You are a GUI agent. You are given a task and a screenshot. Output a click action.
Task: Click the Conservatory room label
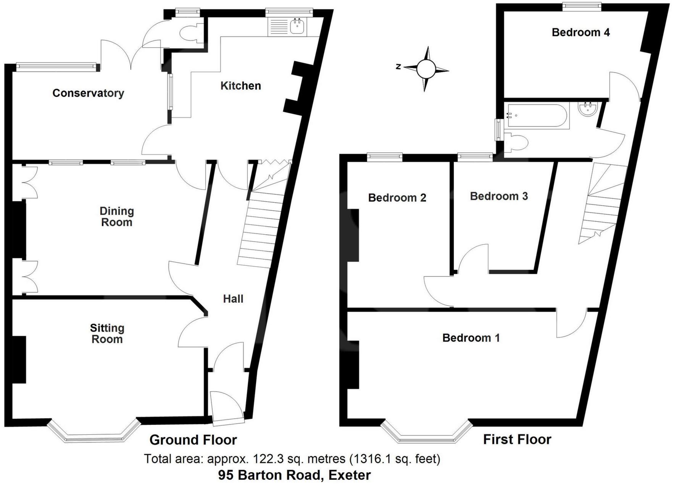88,93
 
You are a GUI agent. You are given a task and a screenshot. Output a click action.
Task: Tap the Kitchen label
240,86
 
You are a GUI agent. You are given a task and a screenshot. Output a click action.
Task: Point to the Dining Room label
116,216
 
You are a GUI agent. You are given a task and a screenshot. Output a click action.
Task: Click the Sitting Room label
107,333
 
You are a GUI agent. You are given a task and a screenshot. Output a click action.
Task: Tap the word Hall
233,298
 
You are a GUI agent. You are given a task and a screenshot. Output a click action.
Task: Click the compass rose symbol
426,69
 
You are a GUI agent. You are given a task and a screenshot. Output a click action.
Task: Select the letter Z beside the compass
398,66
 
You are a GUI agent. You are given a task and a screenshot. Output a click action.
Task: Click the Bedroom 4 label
580,32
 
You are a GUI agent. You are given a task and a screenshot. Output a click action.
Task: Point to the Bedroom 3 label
498,196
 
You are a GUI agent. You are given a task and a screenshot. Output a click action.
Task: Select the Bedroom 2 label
397,198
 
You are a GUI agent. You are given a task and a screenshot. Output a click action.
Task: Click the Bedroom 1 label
471,337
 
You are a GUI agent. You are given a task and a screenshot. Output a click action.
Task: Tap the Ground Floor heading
193,440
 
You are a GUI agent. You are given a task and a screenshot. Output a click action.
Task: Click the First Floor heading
517,439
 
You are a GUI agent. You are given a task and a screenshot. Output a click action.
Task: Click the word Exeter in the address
350,475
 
